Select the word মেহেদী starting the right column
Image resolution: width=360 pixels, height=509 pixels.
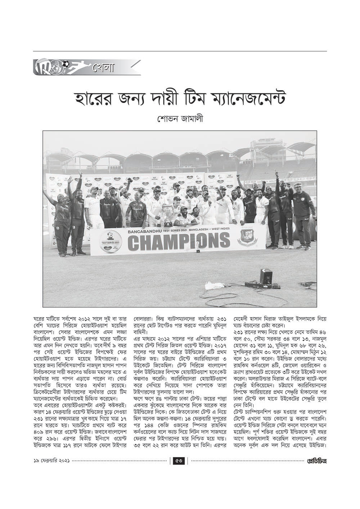click(242, 319)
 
